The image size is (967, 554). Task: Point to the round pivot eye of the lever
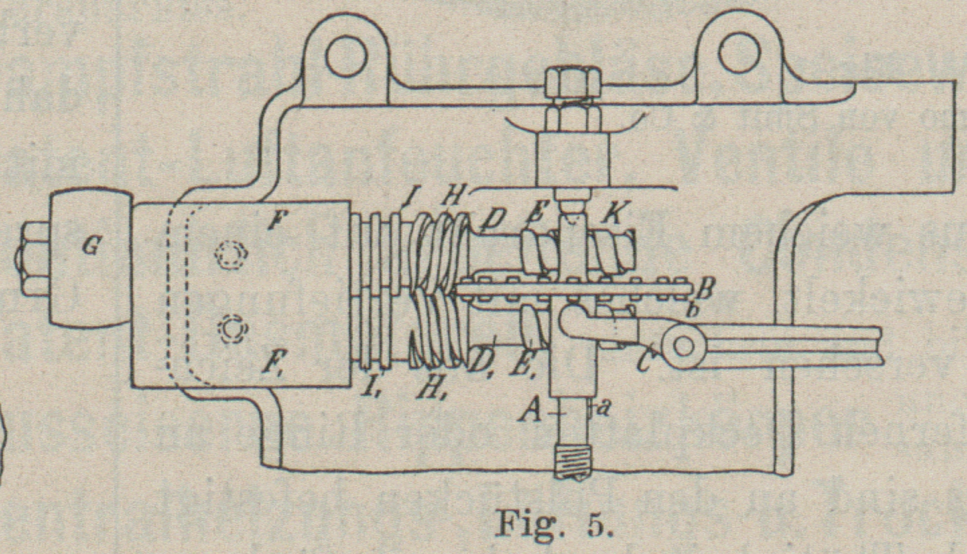682,346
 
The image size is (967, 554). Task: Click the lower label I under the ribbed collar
368,386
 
